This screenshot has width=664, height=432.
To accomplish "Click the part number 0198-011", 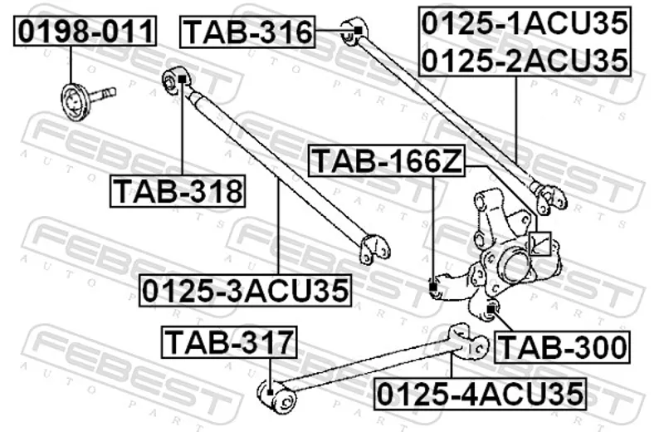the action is click(x=85, y=31).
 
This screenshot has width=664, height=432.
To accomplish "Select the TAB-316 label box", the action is click(x=247, y=32).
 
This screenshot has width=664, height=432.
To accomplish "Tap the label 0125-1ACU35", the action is click(x=525, y=23).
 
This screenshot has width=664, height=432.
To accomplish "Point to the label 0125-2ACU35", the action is click(x=525, y=60).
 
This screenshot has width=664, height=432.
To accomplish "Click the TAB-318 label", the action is click(x=178, y=191).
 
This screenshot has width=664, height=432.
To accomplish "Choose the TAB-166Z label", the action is click(x=387, y=160).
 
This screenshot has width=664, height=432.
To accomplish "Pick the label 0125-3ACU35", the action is click(x=245, y=291).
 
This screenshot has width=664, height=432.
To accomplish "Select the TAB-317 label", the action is click(x=229, y=342).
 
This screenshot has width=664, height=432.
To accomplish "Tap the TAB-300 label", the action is click(x=563, y=347).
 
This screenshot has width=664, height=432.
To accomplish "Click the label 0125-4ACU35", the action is click(x=481, y=394).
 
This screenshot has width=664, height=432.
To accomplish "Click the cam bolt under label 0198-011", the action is click(x=86, y=100).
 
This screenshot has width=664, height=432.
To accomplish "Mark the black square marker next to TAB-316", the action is click(x=358, y=31).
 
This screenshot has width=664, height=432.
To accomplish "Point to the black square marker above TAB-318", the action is click(x=182, y=79).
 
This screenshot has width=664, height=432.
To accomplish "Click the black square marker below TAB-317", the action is click(x=270, y=392).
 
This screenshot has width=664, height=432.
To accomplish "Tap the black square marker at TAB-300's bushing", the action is click(x=491, y=309).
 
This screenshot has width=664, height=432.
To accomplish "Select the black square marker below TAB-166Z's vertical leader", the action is click(x=433, y=287).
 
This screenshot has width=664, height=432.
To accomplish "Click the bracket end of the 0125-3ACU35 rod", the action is click(x=374, y=249).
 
